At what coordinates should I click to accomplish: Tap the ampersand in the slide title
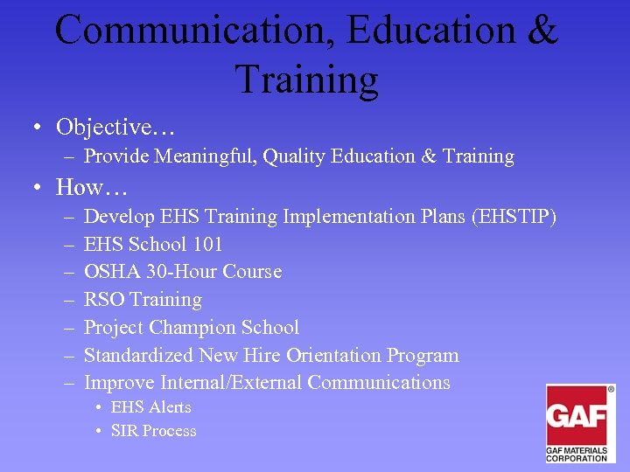pos(542,31)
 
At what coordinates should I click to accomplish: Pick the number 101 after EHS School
pos(207,244)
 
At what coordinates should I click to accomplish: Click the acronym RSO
pos(104,300)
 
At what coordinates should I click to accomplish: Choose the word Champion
pos(191,328)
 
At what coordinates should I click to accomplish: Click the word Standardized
pos(138,356)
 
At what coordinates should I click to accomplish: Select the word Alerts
pos(169,407)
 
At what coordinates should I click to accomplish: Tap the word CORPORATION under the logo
pos(577,458)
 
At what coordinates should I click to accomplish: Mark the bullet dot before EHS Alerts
pos(101,407)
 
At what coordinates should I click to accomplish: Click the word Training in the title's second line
pos(306,79)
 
